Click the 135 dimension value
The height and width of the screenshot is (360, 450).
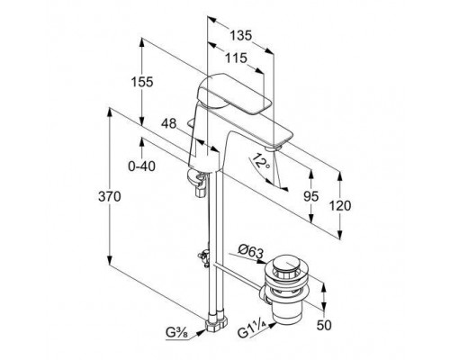pyautogui.click(x=240, y=36)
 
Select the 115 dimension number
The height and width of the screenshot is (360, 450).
pyautogui.click(x=236, y=58)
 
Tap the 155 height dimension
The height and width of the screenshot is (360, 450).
pyautogui.click(x=142, y=82)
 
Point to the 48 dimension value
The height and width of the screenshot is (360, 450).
pyautogui.click(x=168, y=123)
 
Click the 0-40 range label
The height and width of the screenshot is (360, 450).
pyautogui.click(x=142, y=166)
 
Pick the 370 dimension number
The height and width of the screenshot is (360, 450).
pyautogui.click(x=110, y=196)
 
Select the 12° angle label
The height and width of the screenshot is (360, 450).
pyautogui.click(x=259, y=161)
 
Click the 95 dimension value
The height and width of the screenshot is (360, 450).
pyautogui.click(x=310, y=196)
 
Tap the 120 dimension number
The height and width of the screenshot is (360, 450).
pyautogui.click(x=340, y=206)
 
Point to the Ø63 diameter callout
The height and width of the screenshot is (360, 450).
pyautogui.click(x=250, y=251)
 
